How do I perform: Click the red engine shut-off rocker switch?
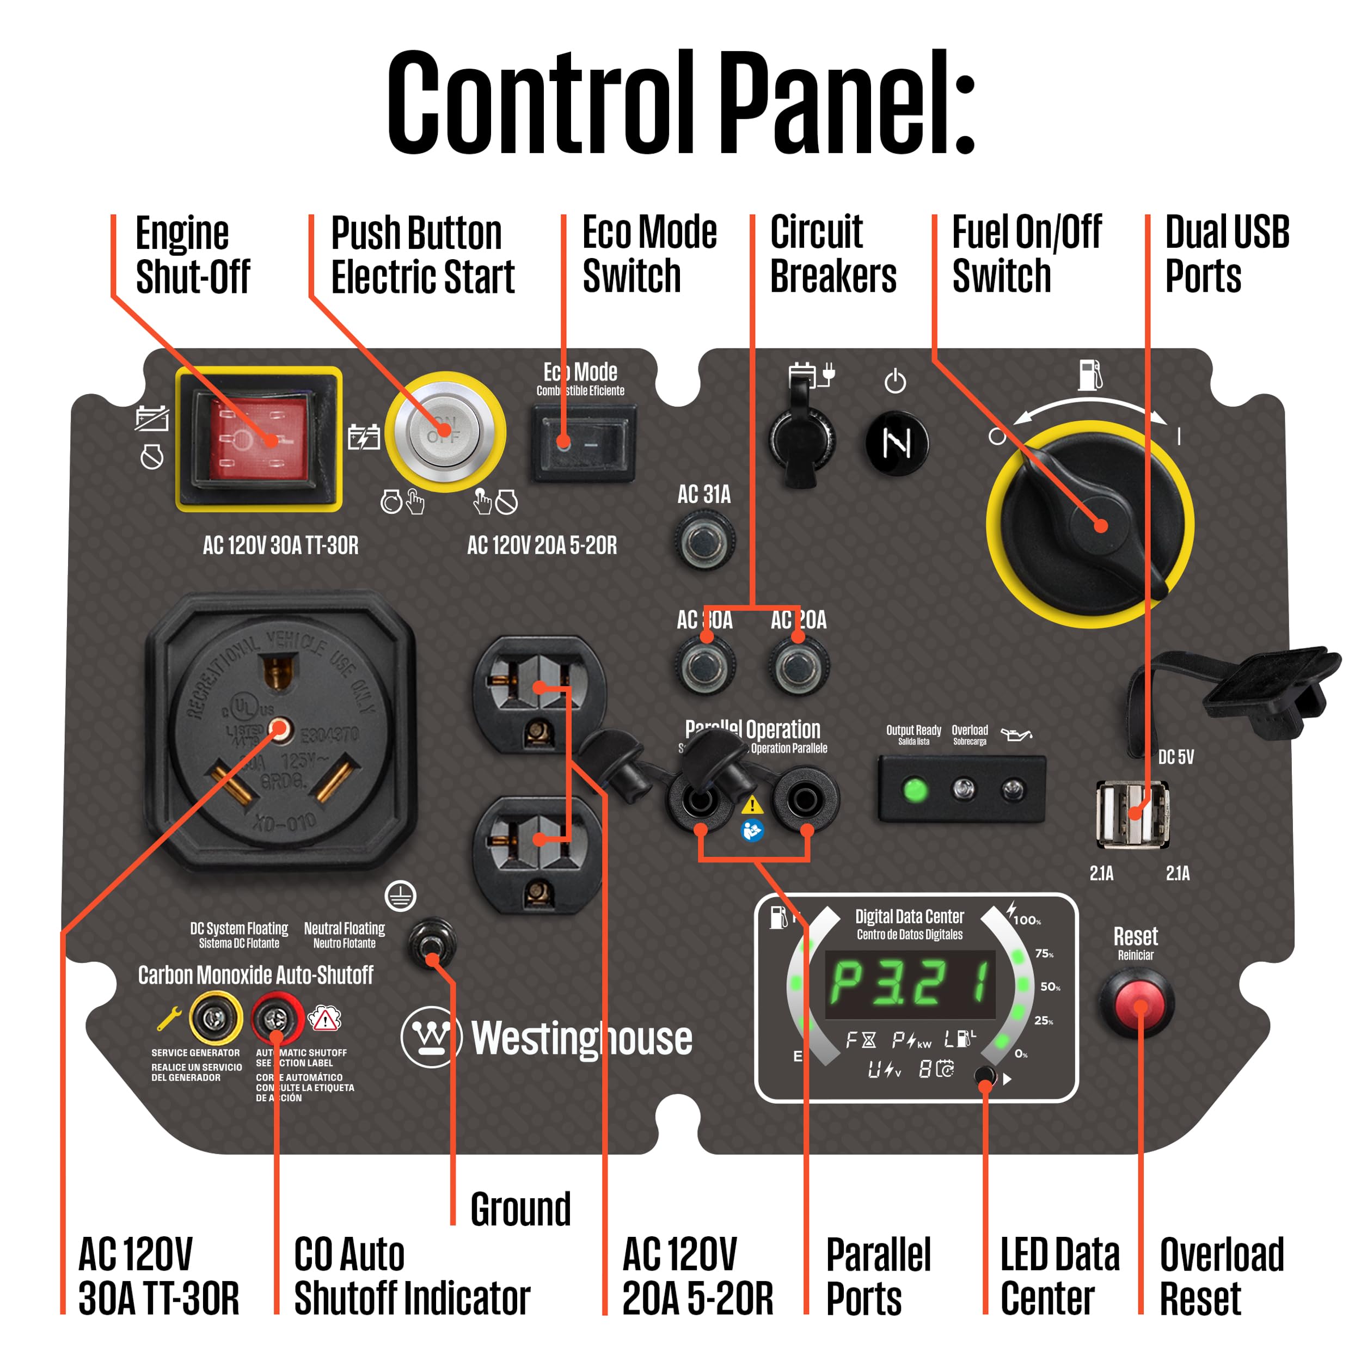tap(259, 438)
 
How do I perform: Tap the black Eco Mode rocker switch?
tap(583, 443)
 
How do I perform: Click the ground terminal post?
tap(432, 942)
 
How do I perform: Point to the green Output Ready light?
tap(915, 790)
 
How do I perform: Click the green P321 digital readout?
tap(910, 984)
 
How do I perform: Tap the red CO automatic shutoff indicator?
tap(275, 1019)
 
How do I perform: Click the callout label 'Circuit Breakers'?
tap(833, 254)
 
